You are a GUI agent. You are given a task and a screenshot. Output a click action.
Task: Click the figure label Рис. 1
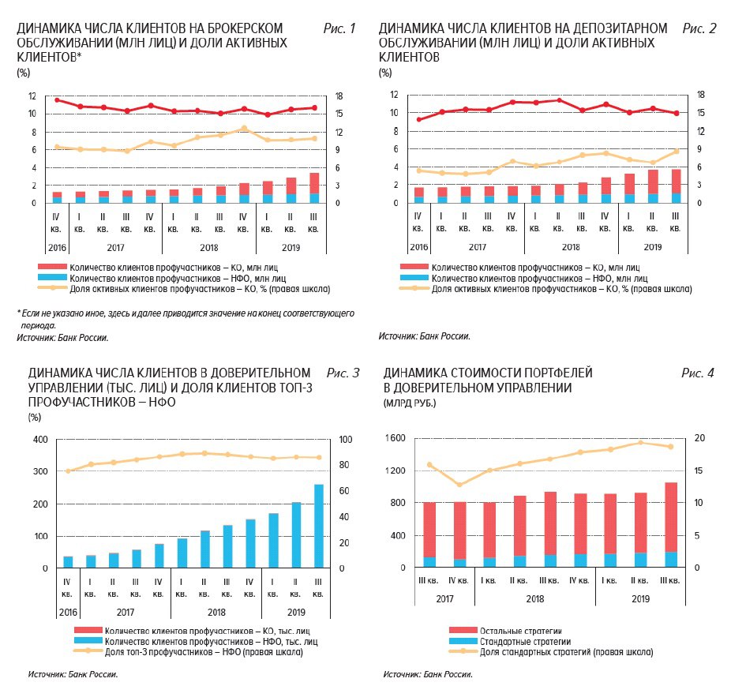pos(339,28)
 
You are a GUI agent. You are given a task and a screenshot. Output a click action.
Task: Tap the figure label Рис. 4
pos(697,373)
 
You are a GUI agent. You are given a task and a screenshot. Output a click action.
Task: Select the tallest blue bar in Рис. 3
pos(318,526)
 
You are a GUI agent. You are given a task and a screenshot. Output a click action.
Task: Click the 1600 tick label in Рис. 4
pos(395,438)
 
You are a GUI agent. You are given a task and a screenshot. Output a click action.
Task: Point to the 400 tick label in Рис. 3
pos(40,439)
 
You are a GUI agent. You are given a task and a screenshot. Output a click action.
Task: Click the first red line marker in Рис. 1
pos(57,100)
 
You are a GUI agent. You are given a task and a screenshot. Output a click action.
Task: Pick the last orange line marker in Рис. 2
pos(677,151)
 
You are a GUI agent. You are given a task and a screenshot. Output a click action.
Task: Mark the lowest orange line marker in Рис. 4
pos(459,485)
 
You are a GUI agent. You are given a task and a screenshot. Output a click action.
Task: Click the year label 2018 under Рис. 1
pos(209,248)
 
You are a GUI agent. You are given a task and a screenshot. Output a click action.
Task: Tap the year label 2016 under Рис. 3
pos(68,613)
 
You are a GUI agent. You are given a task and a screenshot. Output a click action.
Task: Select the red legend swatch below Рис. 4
pos(463,631)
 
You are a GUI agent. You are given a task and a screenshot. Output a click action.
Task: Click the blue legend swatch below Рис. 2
pos(414,278)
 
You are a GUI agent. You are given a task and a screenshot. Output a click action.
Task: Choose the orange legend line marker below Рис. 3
pos(88,651)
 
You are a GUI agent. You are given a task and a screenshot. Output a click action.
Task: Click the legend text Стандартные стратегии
pos(526,642)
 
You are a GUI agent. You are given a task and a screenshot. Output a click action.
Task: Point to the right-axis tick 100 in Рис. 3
pos(346,439)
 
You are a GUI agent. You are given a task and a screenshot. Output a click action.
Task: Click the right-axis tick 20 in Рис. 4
pos(699,438)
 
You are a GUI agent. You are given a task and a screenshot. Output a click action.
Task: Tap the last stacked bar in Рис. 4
pos(671,525)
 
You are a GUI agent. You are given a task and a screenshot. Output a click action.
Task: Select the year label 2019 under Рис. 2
pos(653,247)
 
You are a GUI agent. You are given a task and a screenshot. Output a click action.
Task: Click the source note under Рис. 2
pos(424,336)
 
